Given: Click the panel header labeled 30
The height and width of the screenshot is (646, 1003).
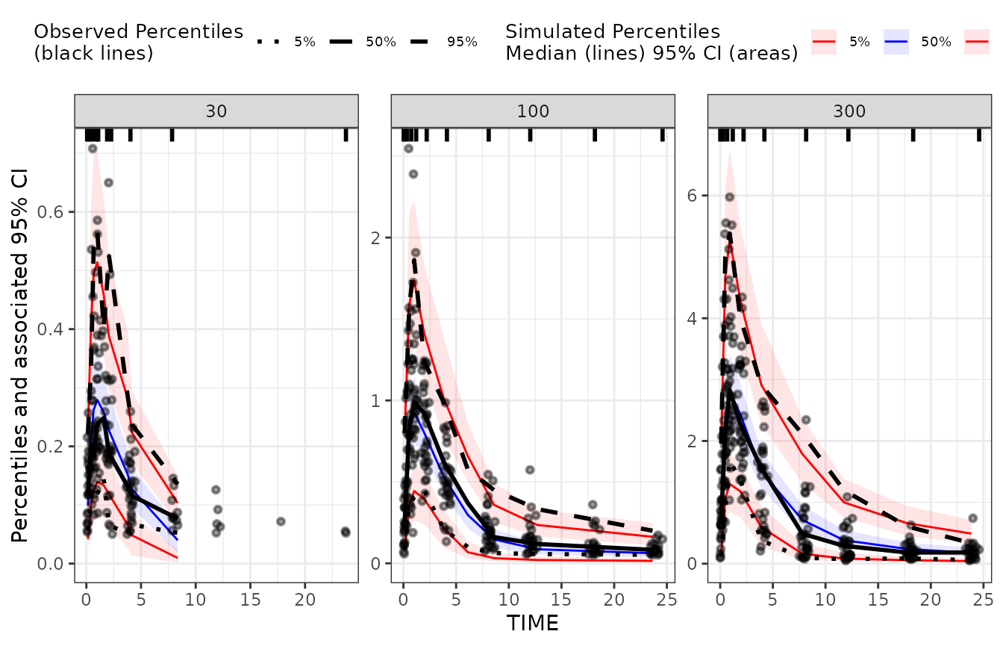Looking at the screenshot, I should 216,111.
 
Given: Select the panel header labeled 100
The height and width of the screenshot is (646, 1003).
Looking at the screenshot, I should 533,111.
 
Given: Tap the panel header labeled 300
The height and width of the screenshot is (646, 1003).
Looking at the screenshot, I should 849,111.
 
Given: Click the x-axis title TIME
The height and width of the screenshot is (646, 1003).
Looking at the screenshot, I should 533,622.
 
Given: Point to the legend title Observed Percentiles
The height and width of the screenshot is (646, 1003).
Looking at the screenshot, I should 139,32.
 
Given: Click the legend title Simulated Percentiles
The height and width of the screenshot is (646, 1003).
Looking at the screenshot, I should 612,32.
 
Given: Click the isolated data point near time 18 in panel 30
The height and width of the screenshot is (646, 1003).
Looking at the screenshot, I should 281,521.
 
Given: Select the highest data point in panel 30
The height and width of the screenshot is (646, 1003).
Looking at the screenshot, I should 93,149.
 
